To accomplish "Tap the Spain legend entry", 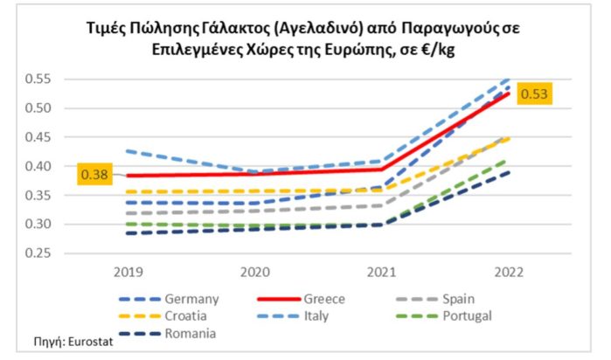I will pos(456,299).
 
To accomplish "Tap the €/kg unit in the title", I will pos(430,50).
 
